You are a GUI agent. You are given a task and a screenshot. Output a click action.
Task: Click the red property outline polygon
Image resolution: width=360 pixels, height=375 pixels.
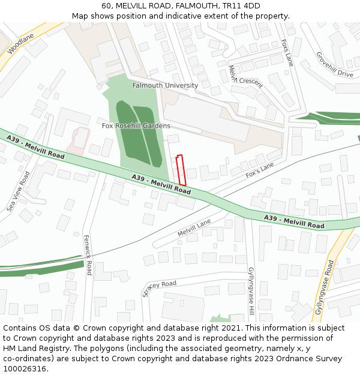coord(181,170)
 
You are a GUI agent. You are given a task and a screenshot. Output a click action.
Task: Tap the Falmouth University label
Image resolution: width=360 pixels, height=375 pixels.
coord(165,86)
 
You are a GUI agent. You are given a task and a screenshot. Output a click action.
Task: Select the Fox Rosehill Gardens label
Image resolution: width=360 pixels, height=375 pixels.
coord(136,126)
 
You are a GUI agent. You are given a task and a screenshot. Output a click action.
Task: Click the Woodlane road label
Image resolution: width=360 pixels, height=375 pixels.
coord(20,44)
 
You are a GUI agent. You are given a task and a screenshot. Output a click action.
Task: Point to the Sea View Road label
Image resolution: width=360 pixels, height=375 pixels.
coord(18,191)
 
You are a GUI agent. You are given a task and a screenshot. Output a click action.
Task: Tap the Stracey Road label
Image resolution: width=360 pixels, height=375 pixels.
coord(160,288)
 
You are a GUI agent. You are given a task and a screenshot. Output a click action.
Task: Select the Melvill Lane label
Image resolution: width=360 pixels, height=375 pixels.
coord(194,227)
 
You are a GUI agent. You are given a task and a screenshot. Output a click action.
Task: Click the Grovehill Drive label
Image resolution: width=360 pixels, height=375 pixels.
coord(335,64)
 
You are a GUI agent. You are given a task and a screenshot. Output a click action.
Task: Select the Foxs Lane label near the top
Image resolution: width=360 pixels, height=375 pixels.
coord(287,52)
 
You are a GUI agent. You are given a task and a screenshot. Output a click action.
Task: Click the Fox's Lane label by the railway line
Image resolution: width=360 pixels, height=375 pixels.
coord(259,169)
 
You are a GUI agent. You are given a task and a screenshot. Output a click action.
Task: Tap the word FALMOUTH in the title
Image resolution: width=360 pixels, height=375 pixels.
coord(196,6)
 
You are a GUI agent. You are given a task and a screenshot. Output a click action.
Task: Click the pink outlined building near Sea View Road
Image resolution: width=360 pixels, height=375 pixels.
coord(78,140)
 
